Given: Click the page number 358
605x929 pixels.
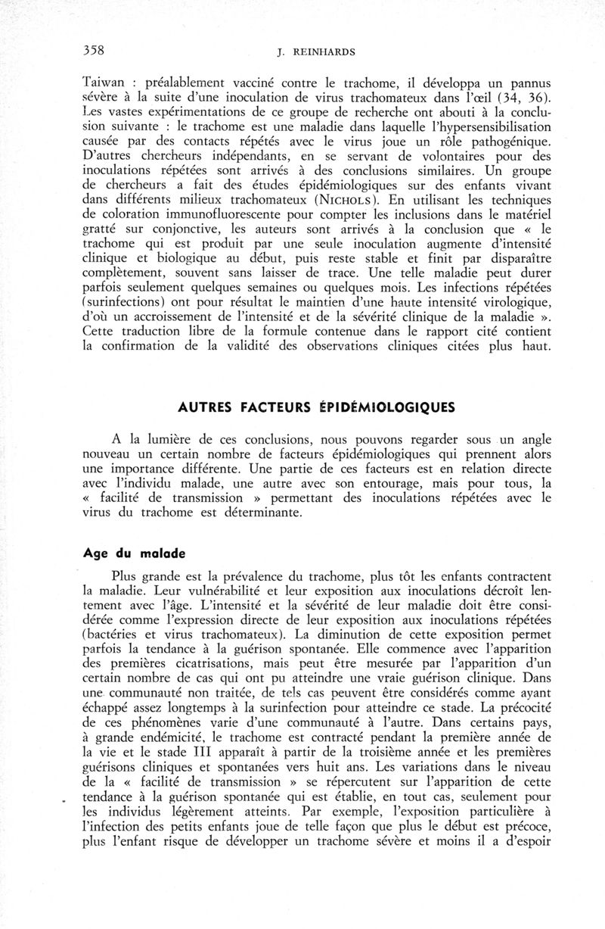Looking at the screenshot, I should pyautogui.click(x=94, y=51).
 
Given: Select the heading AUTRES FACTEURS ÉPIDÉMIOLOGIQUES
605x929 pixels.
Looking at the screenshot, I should pyautogui.click(x=316, y=407).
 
